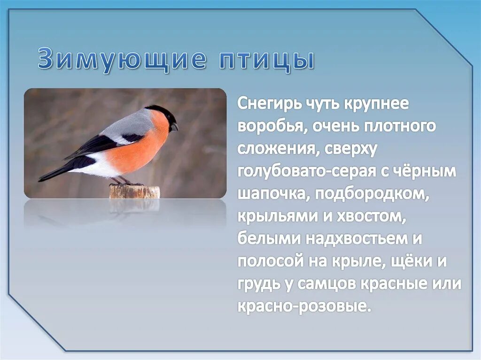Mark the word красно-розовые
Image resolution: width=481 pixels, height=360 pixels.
(x=303, y=306)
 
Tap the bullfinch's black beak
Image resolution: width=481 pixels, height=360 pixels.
(x=174, y=127)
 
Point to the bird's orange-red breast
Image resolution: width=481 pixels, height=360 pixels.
(x=141, y=150)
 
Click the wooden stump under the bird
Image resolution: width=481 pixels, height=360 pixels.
(x=134, y=192)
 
